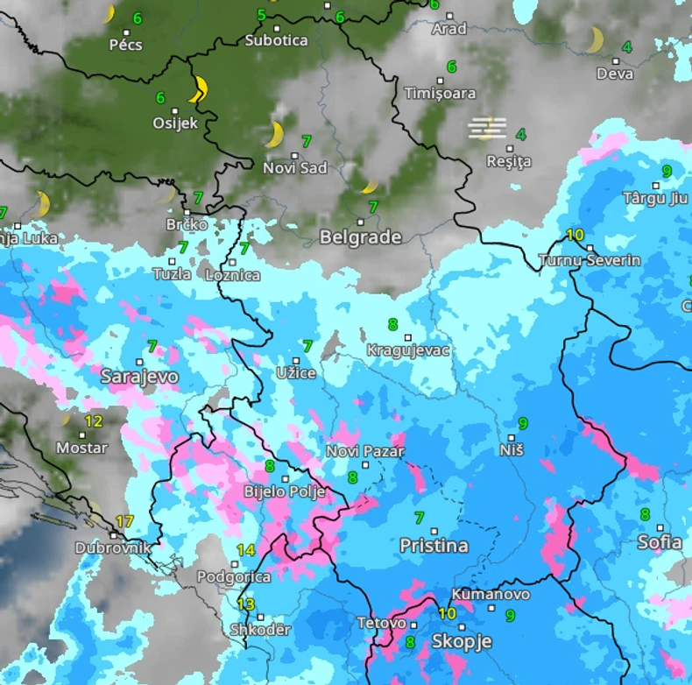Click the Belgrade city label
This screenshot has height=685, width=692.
click(x=360, y=237)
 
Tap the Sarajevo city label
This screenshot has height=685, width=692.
click(x=139, y=378)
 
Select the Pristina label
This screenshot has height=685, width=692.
click(x=434, y=546)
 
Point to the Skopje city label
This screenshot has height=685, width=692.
click(x=462, y=642)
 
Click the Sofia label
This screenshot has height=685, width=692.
click(x=660, y=542)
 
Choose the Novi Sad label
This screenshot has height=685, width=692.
click(x=295, y=168)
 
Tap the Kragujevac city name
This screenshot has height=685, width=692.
click(x=408, y=350)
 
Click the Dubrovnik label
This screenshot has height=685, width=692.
click(x=113, y=548)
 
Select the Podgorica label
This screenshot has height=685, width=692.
click(x=229, y=577)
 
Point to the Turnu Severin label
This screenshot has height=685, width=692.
click(x=590, y=260)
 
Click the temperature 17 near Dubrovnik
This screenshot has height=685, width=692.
click(x=124, y=522)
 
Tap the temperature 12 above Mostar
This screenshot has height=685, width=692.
click(x=93, y=421)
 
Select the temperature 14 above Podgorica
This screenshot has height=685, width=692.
click(x=245, y=551)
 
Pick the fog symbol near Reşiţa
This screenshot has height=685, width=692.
click(x=487, y=129)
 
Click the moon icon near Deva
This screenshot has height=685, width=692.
click(x=596, y=39)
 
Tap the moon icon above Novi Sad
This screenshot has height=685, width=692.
click(x=275, y=135)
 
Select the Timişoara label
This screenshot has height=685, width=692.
click(x=440, y=93)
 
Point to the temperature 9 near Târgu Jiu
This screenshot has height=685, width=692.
click(x=667, y=171)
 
